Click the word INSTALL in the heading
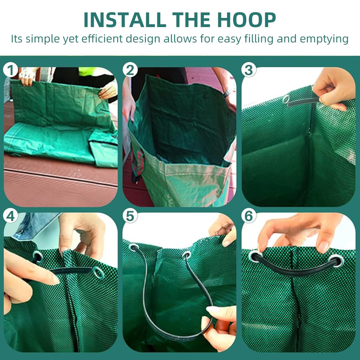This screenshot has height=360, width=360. point(125,20)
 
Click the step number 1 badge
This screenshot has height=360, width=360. point(10,70)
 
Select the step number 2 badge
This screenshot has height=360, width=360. point(130,70)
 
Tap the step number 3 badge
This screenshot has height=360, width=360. point(249,70)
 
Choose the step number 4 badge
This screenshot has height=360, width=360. point(10,216)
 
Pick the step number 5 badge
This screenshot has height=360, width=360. point(130,216)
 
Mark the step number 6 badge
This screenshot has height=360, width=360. point(249,216)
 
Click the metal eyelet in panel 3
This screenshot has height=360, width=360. point(286,99)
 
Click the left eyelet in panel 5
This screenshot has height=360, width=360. point(134,247)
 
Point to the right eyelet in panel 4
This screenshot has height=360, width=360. point(98,272)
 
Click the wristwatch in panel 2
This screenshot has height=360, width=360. point(227,93)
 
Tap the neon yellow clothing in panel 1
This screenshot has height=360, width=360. point(88,71)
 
